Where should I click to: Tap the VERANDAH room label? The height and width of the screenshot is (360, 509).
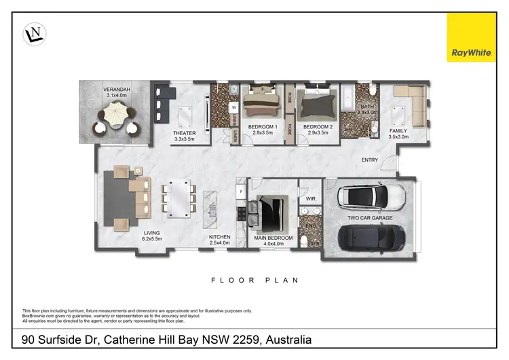(x=117, y=90)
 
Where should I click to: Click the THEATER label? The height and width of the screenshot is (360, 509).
(x=184, y=133)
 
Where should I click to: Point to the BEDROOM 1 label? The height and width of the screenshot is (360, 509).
(x=261, y=127)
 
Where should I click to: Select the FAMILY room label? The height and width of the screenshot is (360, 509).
(x=398, y=130)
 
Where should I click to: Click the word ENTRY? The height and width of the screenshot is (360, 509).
(x=370, y=160)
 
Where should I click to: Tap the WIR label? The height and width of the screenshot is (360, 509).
(x=311, y=199)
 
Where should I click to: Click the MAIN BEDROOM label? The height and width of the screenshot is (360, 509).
(x=274, y=238)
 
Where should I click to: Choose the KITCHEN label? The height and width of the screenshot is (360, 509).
(x=220, y=237)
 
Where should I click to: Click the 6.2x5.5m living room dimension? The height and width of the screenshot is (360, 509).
(x=151, y=239)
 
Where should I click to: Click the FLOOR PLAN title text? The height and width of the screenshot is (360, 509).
(x=254, y=280)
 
